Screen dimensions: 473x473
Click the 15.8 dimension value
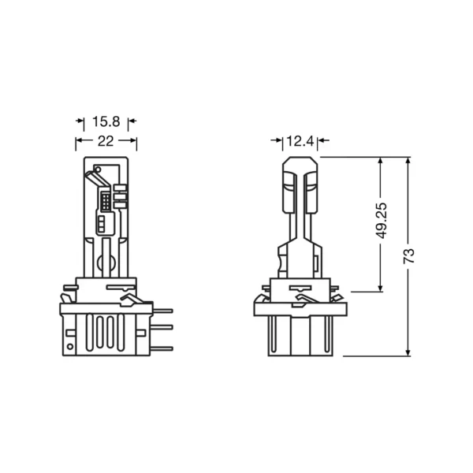[106, 121]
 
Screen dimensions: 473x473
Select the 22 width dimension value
[106, 141]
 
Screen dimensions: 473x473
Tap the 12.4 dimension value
[300, 141]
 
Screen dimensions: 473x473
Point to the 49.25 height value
[382, 221]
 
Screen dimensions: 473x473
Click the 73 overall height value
[409, 256]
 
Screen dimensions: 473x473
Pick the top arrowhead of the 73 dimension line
[408, 162]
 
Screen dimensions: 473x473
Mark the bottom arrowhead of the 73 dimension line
[408, 352]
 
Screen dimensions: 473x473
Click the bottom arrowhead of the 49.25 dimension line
[381, 288]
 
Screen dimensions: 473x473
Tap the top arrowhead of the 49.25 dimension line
[381, 162]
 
